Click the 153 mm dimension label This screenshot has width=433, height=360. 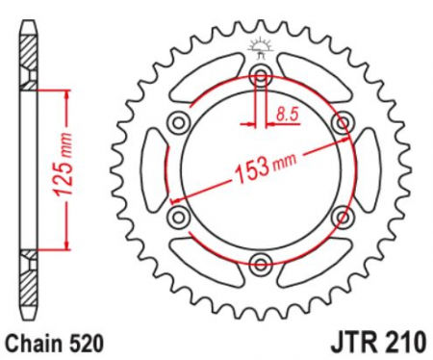click(x=265, y=167)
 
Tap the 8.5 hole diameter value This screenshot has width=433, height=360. click(x=288, y=114)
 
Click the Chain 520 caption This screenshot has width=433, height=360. click(x=56, y=345)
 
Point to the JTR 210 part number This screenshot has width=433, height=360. click(x=379, y=343)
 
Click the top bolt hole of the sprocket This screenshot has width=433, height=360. click(x=261, y=76)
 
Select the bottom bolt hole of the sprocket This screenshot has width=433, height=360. click(x=261, y=264)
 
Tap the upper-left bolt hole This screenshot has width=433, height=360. click(x=178, y=122)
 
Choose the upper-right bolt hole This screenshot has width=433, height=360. click(x=343, y=122)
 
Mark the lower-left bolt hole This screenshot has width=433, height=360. click(x=178, y=217)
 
